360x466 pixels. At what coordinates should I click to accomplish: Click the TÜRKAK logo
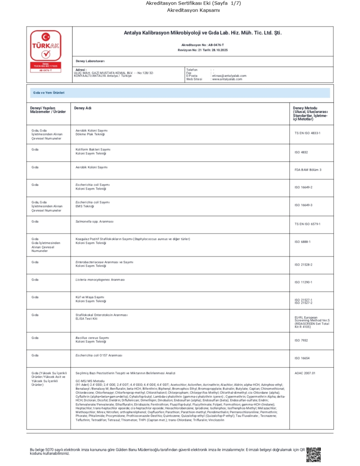click(x=45, y=51)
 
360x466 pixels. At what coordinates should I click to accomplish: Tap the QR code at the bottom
click(x=313, y=454)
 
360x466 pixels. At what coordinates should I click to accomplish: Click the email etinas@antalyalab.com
click(x=229, y=76)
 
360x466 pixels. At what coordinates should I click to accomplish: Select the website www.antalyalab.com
click(x=227, y=79)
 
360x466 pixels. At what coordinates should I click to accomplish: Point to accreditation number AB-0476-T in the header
click(x=203, y=45)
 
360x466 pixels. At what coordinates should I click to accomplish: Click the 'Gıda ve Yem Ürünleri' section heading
click(x=49, y=92)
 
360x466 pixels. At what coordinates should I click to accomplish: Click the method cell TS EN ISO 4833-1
click(x=307, y=133)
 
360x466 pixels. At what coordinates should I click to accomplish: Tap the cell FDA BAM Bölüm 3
click(x=308, y=170)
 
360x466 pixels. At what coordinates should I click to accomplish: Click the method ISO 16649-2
click(x=303, y=187)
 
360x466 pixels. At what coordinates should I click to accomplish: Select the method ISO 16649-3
click(x=303, y=205)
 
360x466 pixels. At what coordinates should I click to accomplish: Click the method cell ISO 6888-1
click(x=303, y=242)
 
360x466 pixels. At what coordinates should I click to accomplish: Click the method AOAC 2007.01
click(x=304, y=373)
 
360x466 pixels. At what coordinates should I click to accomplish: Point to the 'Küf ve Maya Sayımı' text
click(x=90, y=297)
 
